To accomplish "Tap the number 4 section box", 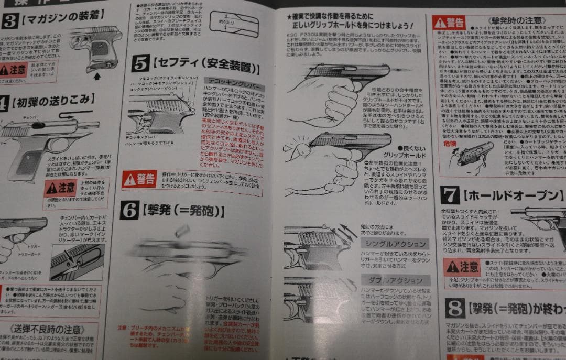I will click(x=5, y=102).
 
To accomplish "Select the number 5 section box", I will click(x=140, y=63).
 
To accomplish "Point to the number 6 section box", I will click(x=129, y=210).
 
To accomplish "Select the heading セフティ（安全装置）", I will click(x=206, y=67).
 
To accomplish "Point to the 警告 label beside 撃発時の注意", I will click(x=450, y=22).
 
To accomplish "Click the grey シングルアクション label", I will click(x=395, y=244).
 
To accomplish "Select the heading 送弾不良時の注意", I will click(x=47, y=330).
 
